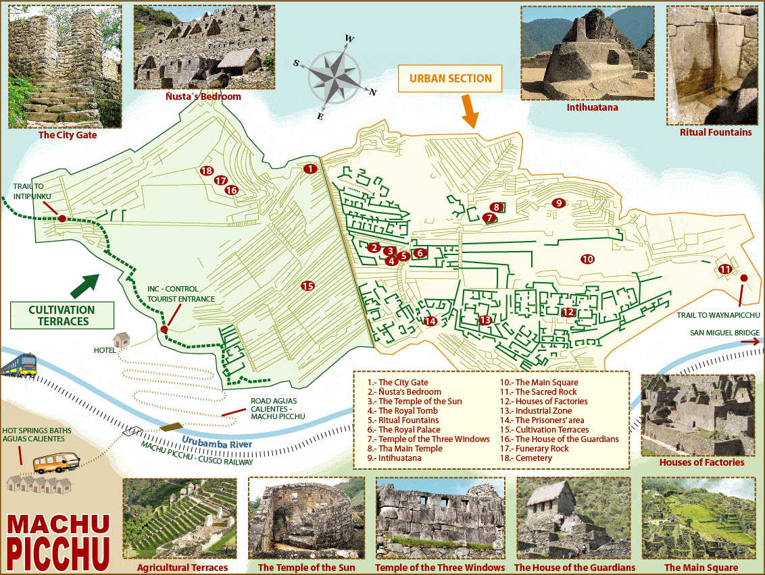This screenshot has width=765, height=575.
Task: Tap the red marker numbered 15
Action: tap(307, 286)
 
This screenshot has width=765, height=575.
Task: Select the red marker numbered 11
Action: tap(725, 269)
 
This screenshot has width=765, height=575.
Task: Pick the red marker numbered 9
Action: tap(558, 202)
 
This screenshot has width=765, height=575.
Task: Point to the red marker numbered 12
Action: tap(568, 312)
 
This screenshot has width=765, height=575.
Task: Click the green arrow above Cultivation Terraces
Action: tap(84, 285)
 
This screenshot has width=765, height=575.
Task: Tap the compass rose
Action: tap(337, 72)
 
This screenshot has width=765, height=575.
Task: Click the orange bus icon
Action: tap(56, 463)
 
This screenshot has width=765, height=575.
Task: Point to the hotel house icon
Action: tap(122, 339)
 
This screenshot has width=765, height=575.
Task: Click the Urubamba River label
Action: tap(216, 443)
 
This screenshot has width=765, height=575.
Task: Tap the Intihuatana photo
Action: tap(587, 53)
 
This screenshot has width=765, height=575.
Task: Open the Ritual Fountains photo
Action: tap(712, 65)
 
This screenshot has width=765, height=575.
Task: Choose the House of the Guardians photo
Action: tap(573, 518)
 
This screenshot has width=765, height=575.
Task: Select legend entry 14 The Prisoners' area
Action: tap(549, 420)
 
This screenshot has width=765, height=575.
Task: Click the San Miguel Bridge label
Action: tap(724, 333)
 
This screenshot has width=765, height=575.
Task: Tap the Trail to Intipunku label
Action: tap(32, 191)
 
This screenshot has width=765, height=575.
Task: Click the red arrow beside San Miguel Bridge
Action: tap(750, 342)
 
